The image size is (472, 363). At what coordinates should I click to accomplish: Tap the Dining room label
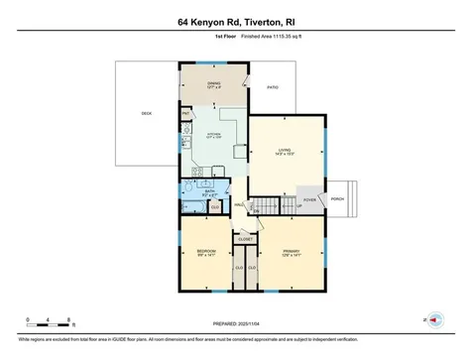213,83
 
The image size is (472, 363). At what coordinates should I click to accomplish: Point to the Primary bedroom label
290,252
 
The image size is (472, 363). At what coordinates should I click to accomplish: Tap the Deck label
147,114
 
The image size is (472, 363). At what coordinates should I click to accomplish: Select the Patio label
273,87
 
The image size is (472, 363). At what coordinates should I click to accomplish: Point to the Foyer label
309,198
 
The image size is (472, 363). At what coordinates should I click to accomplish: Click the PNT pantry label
186,114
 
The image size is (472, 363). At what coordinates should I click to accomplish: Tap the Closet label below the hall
246,239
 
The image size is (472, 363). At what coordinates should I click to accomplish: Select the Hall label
240,205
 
